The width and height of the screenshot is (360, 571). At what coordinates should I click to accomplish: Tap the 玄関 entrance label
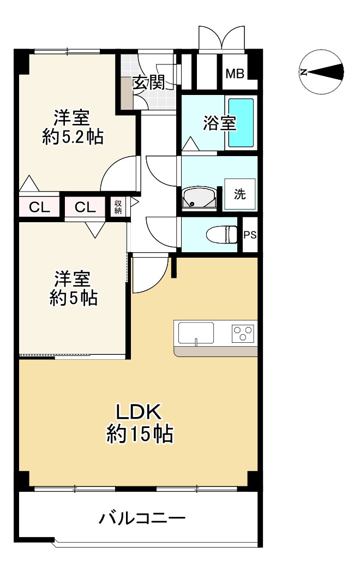point(148,83)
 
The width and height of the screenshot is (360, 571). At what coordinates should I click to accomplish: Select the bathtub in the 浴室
point(241,123)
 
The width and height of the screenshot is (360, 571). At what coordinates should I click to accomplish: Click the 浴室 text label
point(219,123)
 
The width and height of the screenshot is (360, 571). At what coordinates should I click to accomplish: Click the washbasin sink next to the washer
point(199,199)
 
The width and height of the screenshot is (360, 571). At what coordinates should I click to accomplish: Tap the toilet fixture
point(221,235)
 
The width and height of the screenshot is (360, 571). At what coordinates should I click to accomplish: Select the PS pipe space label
point(250,235)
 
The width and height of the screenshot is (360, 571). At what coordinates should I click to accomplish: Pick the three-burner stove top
point(242,333)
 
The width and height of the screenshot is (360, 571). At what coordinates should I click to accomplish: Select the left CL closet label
point(39,207)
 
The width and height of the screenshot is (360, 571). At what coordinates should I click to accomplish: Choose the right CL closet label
point(85,207)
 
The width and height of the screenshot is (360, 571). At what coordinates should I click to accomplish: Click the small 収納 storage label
point(118,207)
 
